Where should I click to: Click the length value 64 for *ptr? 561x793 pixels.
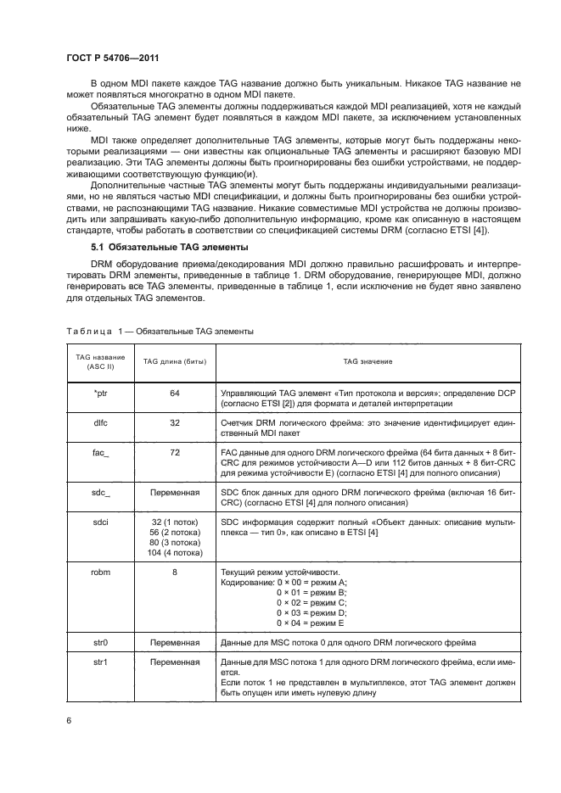tap(175, 394)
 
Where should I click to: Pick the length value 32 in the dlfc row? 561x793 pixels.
tap(175, 421)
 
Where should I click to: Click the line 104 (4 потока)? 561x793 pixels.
tap(175, 552)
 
